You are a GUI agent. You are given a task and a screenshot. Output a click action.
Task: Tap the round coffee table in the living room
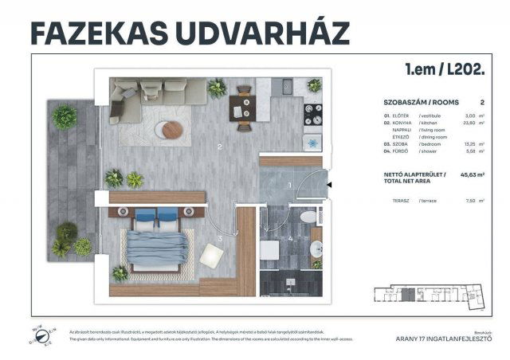point(169,130)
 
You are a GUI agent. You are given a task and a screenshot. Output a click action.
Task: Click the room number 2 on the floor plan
point(219,147)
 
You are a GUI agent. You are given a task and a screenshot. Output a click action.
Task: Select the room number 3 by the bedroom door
point(220,238)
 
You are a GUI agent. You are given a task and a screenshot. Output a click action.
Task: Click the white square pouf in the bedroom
point(211,255)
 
